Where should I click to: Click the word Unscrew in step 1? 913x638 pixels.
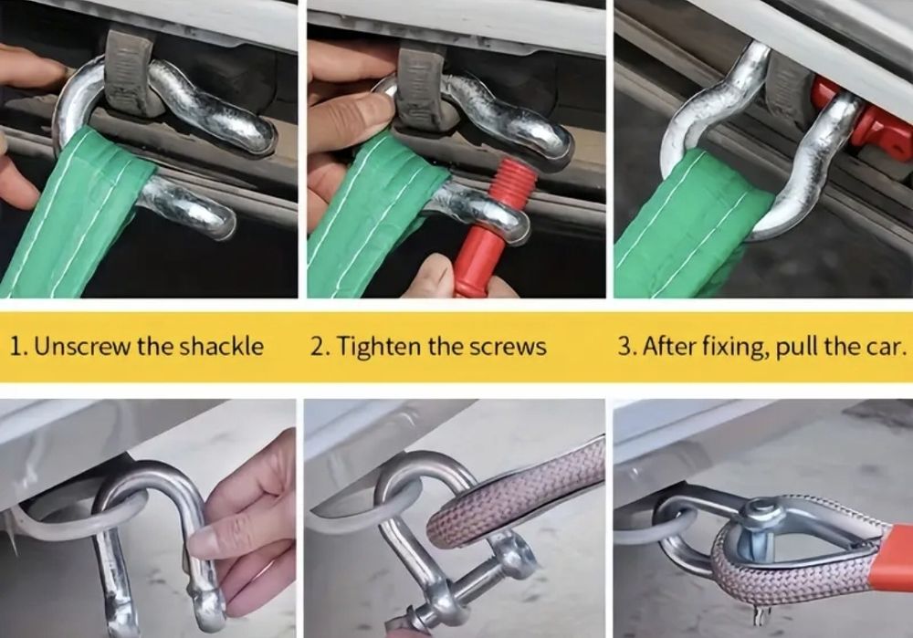pos(83,347)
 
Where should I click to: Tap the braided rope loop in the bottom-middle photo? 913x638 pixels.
pos(512,495)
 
